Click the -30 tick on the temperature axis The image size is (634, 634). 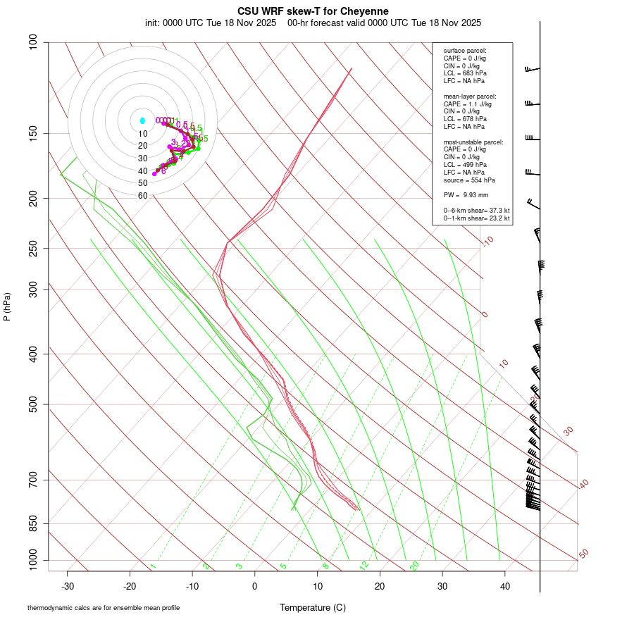coord(68,585)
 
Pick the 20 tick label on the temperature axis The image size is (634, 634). coord(380,585)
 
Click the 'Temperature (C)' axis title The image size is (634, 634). coord(313,607)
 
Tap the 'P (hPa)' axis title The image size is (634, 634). coord(8,306)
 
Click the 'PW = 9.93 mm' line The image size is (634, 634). coord(466,194)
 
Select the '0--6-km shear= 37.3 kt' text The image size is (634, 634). coord(476,210)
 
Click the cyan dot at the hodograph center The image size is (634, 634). coord(142,121)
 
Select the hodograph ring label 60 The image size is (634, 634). coord(142,196)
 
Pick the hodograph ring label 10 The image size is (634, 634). coord(142,134)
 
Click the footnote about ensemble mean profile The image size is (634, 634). coord(104,608)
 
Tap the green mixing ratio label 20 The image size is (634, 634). coord(415,565)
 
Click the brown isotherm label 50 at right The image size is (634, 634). coord(583,554)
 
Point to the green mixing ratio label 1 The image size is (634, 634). coord(153,566)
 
